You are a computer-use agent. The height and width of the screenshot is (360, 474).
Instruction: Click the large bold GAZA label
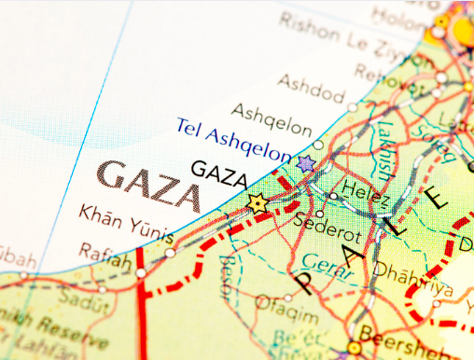pyautogui.click(x=149, y=184)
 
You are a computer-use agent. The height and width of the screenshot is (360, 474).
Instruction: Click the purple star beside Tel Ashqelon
pyautogui.click(x=307, y=163)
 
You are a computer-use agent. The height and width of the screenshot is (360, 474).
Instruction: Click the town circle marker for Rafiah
pyautogui.click(x=141, y=273)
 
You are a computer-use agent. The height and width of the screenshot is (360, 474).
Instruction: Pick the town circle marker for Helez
pyautogui.click(x=333, y=195)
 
